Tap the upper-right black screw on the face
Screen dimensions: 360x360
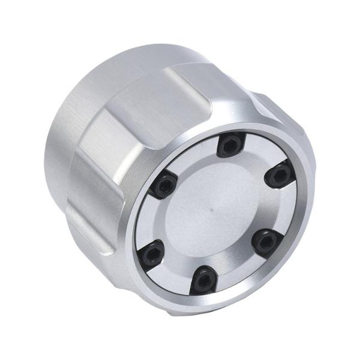point(279,175)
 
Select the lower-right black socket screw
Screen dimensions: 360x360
point(266,241)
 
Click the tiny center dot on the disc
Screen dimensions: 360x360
point(212,211)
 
